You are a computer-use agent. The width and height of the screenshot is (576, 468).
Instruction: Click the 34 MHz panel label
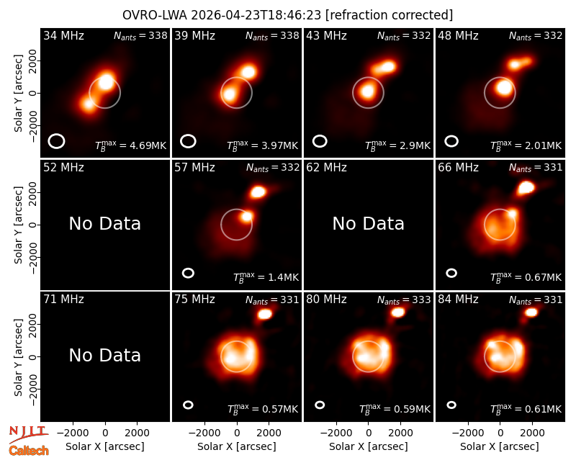pyautogui.click(x=63, y=35)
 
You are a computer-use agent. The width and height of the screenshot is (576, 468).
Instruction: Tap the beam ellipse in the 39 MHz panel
pyautogui.click(x=188, y=141)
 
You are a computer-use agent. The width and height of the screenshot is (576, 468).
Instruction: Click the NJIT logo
pyautogui.click(x=28, y=435)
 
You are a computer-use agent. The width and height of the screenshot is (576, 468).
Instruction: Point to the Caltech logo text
pyautogui.click(x=29, y=451)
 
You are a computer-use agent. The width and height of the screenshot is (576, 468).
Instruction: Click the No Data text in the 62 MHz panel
pyautogui.click(x=368, y=223)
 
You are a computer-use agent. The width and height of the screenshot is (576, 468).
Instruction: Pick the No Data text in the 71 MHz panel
pyautogui.click(x=104, y=355)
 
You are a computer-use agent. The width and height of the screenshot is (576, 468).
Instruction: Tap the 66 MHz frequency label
pyautogui.click(x=458, y=168)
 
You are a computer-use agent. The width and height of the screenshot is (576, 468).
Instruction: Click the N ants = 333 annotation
pyautogui.click(x=404, y=300)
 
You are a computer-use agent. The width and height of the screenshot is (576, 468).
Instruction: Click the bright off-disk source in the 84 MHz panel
pyautogui.click(x=531, y=312)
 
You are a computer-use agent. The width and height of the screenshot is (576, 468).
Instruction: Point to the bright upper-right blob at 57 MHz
pyautogui.click(x=258, y=192)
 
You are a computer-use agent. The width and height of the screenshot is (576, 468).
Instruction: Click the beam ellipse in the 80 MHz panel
pyautogui.click(x=320, y=405)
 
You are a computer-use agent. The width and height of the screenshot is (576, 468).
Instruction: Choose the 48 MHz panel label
pyautogui.click(x=458, y=35)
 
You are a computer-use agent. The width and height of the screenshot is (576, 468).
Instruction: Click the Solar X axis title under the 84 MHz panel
pyautogui.click(x=500, y=446)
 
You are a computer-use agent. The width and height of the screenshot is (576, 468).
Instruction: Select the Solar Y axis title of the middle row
pyautogui.click(x=18, y=225)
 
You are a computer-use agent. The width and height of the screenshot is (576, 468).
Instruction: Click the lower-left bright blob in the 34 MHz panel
pyautogui.click(x=88, y=104)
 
